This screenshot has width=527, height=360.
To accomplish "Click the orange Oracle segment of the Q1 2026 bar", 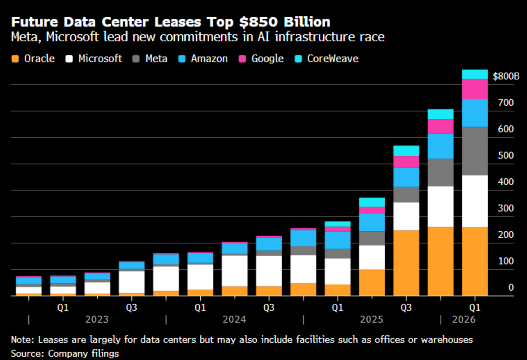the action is pyautogui.click(x=475, y=261).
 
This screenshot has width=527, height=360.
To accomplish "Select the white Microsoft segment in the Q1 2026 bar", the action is pyautogui.click(x=475, y=201).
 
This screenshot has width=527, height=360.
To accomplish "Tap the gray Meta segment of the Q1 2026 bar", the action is pyautogui.click(x=475, y=151).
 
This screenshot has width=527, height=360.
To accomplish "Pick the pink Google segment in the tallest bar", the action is pyautogui.click(x=475, y=89).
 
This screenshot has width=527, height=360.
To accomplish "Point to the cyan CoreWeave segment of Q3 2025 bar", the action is pyautogui.click(x=406, y=151).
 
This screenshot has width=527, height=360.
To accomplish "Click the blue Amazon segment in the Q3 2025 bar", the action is pyautogui.click(x=406, y=177).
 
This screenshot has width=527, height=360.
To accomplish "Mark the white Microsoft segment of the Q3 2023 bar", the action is pyautogui.click(x=132, y=282).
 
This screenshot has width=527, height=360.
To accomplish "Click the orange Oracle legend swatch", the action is pyautogui.click(x=15, y=59).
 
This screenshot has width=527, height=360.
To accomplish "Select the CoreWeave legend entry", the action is pyautogui.click(x=327, y=59).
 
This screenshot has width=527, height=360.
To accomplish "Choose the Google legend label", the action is pyautogui.click(x=267, y=59).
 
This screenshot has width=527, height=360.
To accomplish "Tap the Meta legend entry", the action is pyautogui.click(x=150, y=59).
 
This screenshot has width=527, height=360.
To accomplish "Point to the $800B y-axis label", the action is pyautogui.click(x=506, y=76).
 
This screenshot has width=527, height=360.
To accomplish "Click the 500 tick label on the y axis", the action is pyautogui.click(x=506, y=156).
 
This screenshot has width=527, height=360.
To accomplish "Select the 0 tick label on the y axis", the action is pyautogui.click(x=511, y=287).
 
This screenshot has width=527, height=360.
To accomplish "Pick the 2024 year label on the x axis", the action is pyautogui.click(x=234, y=319).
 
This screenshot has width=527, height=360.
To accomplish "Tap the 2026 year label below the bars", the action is pyautogui.click(x=464, y=319).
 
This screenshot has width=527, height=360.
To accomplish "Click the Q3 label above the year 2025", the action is pyautogui.click(x=406, y=307).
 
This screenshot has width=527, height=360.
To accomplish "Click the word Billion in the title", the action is pyautogui.click(x=307, y=22).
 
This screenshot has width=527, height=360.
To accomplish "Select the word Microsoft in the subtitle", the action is pyautogui.click(x=72, y=37).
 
